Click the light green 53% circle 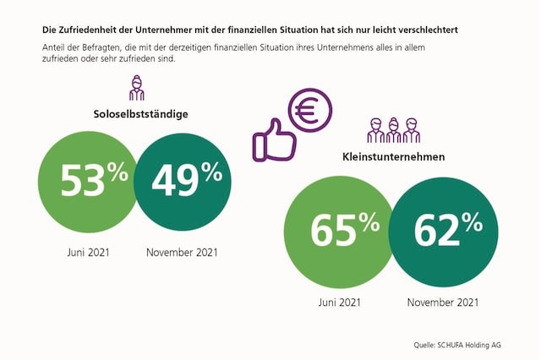pos(87,179)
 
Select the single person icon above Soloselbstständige pos(136,88)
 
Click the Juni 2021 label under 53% pos(88,252)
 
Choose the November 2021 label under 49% pos(182,252)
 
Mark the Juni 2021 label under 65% pos(338,303)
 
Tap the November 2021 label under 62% pos(442,303)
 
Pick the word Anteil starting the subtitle pos(55,47)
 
